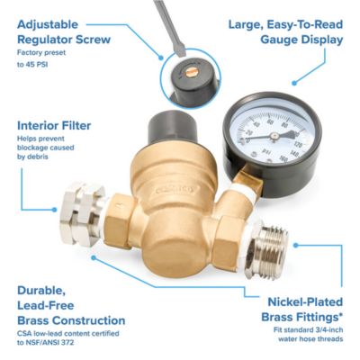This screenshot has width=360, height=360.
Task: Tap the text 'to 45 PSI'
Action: pyautogui.click(x=36, y=65)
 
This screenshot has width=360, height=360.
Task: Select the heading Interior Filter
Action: pyautogui.click(x=55, y=126)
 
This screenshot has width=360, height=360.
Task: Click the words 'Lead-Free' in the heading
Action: pyautogui.click(x=50, y=305)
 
